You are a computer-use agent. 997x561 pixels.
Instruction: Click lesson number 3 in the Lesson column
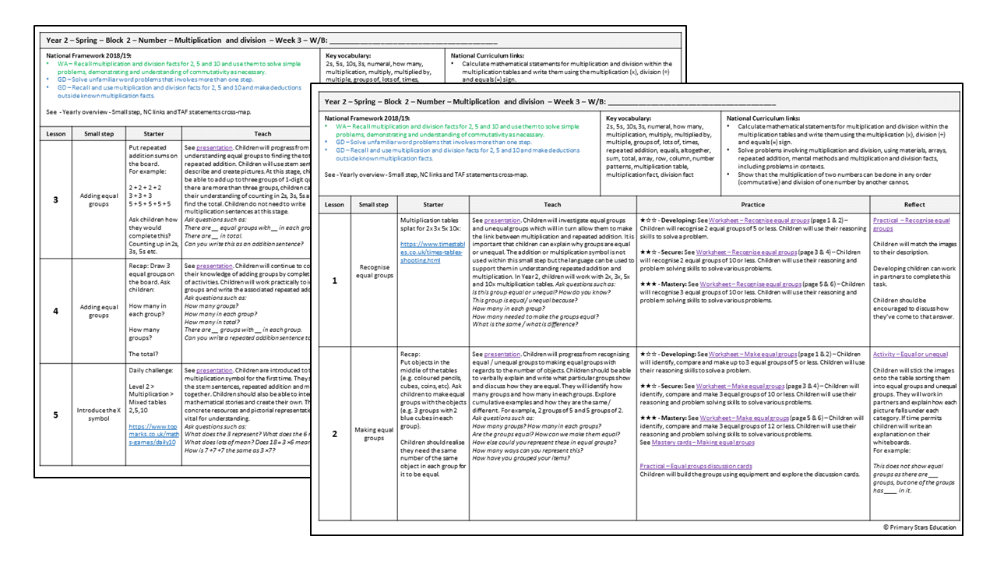55,200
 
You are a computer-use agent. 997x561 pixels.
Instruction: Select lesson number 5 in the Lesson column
55,415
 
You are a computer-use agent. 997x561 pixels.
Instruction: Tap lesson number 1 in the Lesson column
334,280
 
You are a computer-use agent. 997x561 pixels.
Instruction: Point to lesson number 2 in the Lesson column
334,433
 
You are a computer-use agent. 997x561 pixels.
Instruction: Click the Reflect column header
914,204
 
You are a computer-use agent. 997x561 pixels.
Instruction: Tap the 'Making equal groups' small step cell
374,433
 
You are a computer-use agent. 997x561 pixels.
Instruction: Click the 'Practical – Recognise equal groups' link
911,224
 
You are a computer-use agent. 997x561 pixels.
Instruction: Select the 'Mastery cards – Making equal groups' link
703,443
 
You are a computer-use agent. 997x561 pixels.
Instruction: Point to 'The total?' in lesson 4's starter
145,354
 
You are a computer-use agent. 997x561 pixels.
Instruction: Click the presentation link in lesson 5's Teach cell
214,371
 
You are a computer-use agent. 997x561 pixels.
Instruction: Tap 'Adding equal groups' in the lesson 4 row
99,311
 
